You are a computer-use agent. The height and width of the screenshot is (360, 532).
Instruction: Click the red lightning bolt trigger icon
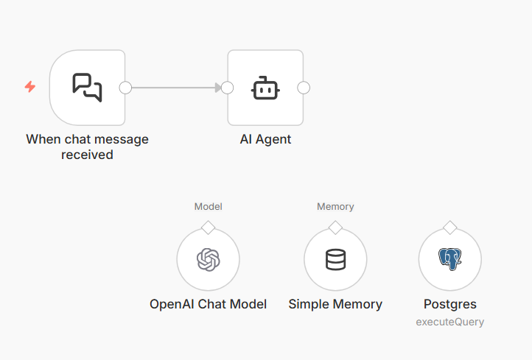(30, 87)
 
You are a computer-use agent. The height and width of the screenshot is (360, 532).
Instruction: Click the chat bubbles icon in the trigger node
(87, 87)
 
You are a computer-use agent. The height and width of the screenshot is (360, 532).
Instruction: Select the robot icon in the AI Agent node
(265, 88)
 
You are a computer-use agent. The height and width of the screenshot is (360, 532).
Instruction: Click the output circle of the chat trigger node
(125, 88)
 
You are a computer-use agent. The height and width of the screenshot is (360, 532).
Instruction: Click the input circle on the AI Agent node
(228, 88)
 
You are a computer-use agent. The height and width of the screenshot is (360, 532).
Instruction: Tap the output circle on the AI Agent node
(304, 88)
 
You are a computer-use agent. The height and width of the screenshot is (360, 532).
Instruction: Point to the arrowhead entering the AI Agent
(218, 88)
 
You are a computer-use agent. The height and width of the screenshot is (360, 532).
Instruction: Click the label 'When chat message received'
(87, 147)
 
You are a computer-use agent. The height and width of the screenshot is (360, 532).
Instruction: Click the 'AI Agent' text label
(265, 139)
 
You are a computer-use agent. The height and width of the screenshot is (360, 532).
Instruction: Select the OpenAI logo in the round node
(209, 259)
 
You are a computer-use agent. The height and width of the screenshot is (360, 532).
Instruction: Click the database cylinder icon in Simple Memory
(335, 259)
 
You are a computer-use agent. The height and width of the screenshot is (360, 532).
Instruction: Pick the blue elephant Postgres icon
(450, 259)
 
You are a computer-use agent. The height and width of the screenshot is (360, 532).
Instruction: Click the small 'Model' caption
(209, 207)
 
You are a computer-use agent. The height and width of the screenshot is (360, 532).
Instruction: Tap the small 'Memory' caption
(335, 207)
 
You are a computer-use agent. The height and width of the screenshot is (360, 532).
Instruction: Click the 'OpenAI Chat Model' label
(209, 304)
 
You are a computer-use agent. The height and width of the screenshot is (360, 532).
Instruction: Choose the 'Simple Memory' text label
(335, 304)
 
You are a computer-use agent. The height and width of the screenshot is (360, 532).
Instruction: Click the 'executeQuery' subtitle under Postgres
(450, 322)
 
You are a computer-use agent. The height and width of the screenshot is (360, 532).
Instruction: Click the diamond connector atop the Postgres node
(450, 227)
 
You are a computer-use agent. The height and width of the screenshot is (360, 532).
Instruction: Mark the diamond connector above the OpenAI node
(209, 227)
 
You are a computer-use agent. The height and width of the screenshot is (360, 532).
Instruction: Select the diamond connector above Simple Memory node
(335, 227)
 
